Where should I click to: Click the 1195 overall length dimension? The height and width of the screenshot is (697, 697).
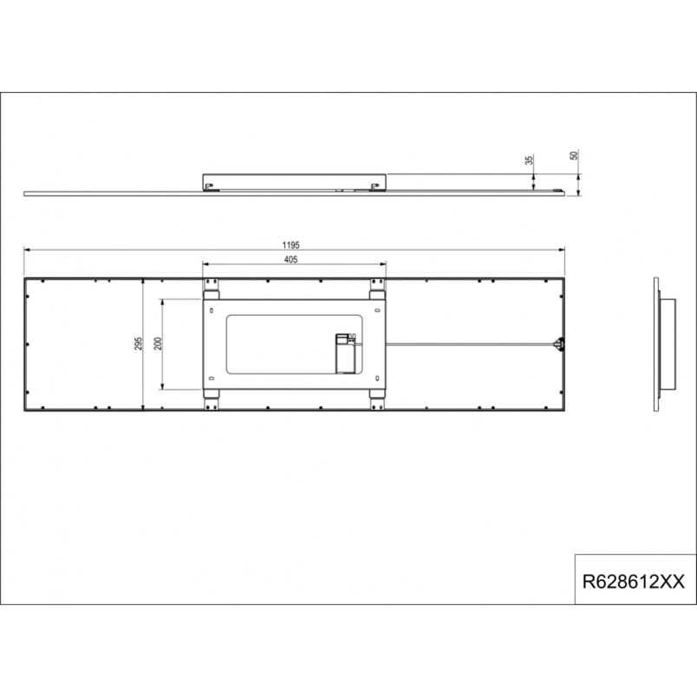point(290,245)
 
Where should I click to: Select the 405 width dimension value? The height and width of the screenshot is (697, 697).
point(290,259)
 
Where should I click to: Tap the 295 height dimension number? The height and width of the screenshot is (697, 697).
point(139,343)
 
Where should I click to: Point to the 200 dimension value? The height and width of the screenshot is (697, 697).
point(159,343)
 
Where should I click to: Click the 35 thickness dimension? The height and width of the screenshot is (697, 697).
point(530,160)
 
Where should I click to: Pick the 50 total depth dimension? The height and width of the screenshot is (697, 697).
point(574,155)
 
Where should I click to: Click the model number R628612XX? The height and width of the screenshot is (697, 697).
point(634,582)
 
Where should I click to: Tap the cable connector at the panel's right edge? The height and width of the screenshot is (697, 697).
point(559,343)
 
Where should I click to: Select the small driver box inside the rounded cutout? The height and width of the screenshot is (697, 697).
point(345,354)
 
